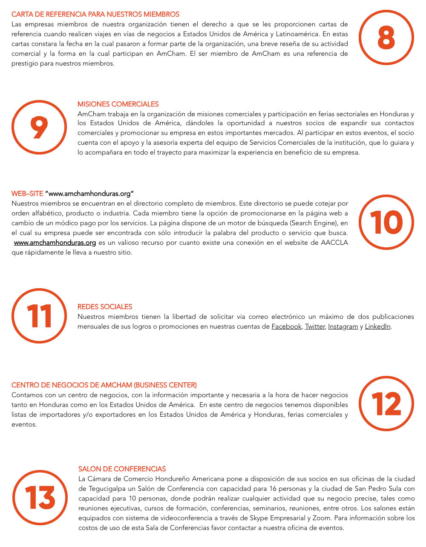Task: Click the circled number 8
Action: coord(386,37)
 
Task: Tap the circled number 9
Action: coord(39,127)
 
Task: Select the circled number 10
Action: coord(386,222)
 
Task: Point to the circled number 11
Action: coord(39,316)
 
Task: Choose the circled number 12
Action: coord(386,404)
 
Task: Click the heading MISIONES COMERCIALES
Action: coord(118,104)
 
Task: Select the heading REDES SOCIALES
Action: coord(105,307)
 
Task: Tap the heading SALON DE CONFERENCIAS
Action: coord(122,469)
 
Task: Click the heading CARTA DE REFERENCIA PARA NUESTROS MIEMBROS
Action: coord(95,14)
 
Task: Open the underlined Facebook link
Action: coord(286,326)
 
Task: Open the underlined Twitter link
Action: coord(315,326)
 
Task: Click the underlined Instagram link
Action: coord(343,326)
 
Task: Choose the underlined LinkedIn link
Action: coord(377,326)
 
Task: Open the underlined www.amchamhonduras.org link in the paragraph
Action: coord(55,243)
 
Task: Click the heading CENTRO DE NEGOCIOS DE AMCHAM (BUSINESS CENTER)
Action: coord(104,385)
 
